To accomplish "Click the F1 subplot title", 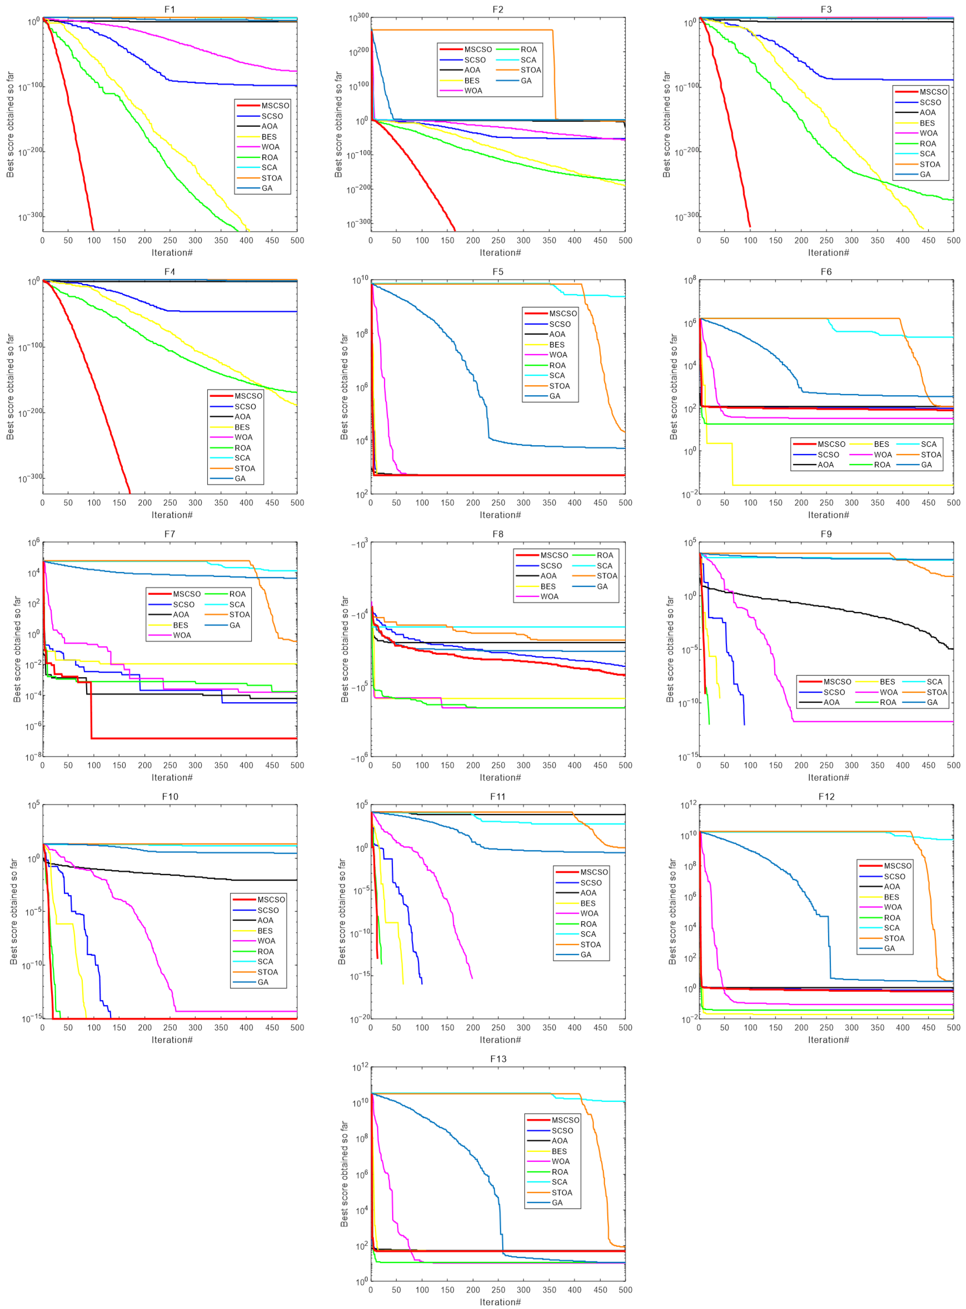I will pos(169,9).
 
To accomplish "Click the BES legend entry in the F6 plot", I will pos(881,444).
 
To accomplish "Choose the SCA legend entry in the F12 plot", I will pos(892,928).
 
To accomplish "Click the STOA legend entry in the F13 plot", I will pos(561,1193).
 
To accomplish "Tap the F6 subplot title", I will pos(826,272).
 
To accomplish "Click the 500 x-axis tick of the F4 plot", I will pos(297,503).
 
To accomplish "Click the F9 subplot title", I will pos(826,534).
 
